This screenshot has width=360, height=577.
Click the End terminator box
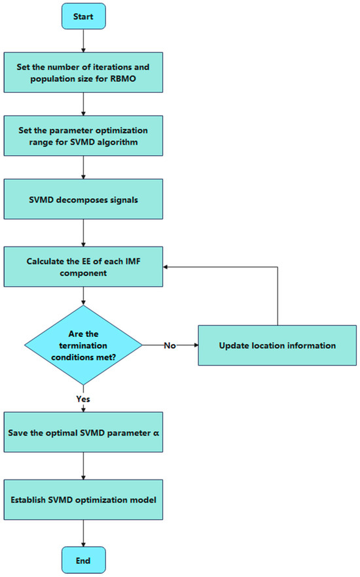click(83, 561)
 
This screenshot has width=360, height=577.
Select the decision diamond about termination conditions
click(83, 344)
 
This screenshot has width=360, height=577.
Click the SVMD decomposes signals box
click(83, 200)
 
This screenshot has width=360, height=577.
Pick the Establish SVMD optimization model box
click(83, 500)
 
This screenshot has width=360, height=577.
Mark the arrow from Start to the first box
click(83, 41)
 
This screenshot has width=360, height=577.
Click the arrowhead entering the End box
click(83, 543)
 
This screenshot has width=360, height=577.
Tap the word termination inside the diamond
click(83, 344)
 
